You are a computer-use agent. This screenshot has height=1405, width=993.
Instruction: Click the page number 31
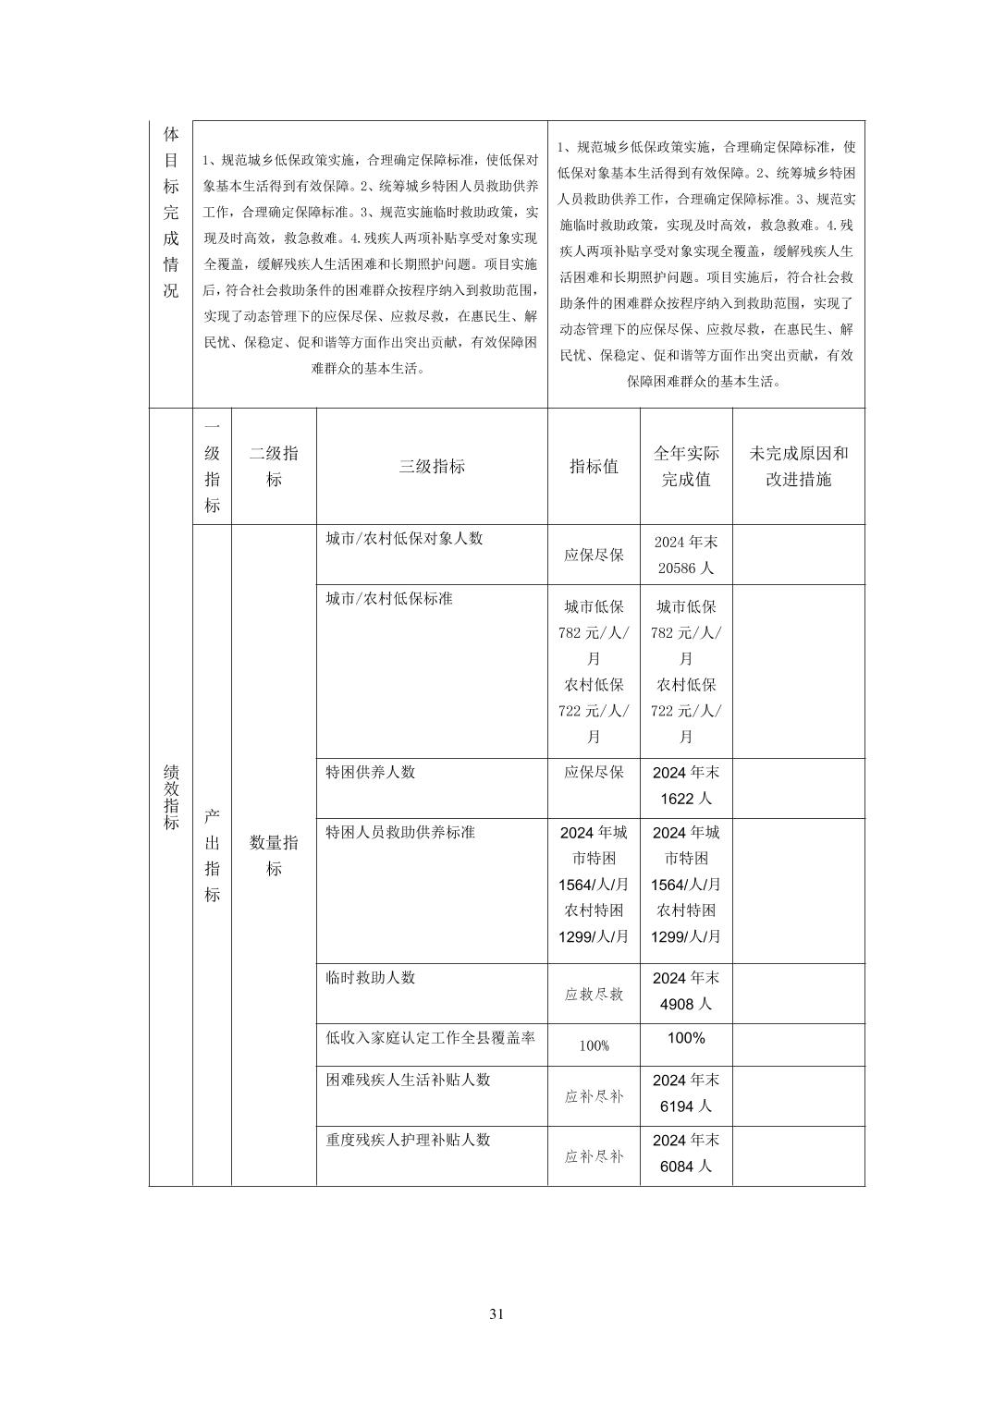tap(496, 1314)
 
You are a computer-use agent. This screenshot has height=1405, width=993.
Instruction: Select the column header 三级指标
tap(432, 467)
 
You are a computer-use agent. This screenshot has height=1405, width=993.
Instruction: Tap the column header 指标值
tap(594, 467)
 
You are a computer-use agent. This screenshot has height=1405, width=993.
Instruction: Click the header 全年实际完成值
tap(686, 467)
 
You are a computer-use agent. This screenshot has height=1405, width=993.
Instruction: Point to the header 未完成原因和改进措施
tap(799, 467)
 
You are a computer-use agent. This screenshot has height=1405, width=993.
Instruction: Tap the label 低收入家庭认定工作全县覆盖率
tap(431, 1037)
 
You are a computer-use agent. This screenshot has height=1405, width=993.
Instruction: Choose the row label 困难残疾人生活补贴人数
tap(408, 1080)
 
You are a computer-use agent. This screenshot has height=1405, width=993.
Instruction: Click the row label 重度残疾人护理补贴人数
tap(408, 1140)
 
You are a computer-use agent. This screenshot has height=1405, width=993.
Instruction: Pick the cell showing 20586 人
tap(686, 568)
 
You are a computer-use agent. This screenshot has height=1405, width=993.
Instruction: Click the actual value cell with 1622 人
tap(686, 799)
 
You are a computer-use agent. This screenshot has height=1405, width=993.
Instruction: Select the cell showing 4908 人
tap(686, 1004)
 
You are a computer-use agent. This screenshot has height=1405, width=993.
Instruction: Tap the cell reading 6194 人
tap(686, 1106)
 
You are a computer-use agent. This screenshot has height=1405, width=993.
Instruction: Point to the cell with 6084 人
tap(686, 1167)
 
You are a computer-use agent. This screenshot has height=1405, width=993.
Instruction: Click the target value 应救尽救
tap(594, 995)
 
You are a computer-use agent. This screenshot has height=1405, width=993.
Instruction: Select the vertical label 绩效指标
tap(171, 796)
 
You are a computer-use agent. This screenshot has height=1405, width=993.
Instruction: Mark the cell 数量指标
tap(274, 855)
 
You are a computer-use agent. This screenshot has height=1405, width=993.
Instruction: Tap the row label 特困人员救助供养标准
tap(400, 832)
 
